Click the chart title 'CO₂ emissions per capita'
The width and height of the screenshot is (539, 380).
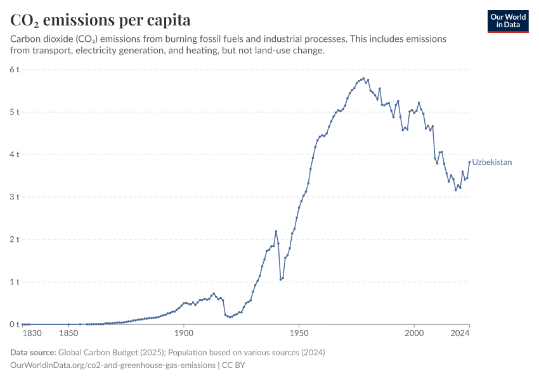100,20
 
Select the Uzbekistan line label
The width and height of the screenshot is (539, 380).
491,163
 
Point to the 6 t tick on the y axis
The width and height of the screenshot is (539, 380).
15,70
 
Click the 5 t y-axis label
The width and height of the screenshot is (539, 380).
15,112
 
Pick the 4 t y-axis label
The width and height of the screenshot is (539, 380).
15,155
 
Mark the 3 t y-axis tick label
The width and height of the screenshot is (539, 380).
15,197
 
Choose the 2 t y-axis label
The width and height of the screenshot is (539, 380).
15,239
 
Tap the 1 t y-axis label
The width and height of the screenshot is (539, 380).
15,282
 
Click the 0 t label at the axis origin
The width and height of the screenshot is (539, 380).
15,324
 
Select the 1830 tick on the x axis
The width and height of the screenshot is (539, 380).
32,333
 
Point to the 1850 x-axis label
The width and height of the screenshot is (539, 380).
68,333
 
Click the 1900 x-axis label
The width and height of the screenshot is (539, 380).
183,333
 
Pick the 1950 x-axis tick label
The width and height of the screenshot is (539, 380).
299,333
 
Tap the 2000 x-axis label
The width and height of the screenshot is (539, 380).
413,333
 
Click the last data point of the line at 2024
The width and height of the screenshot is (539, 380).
469,161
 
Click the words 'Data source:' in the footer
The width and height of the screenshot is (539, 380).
33,352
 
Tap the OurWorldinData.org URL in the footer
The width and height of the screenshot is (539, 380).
112,365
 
